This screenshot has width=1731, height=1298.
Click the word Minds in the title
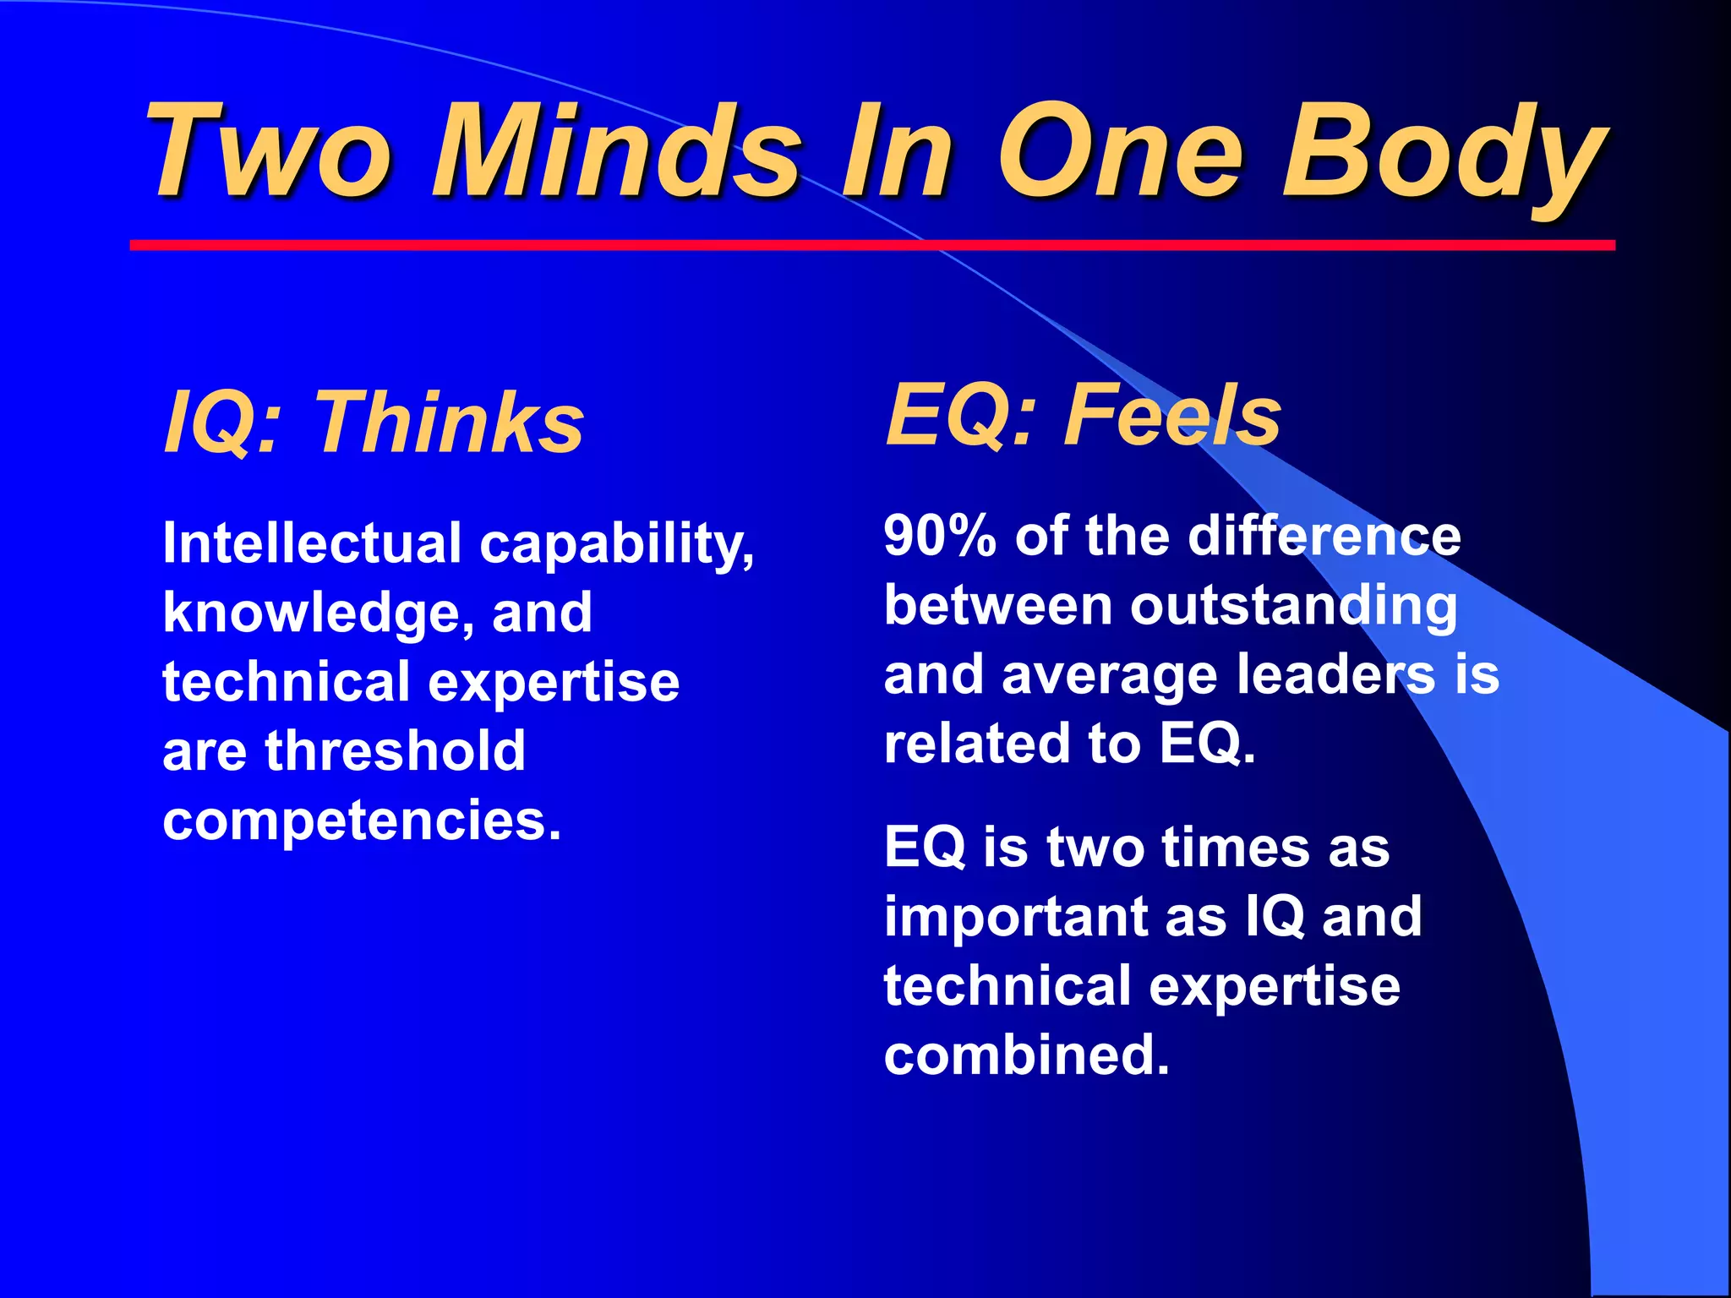point(616,152)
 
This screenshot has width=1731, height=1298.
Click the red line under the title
point(871,245)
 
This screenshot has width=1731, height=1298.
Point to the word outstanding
point(1294,607)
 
